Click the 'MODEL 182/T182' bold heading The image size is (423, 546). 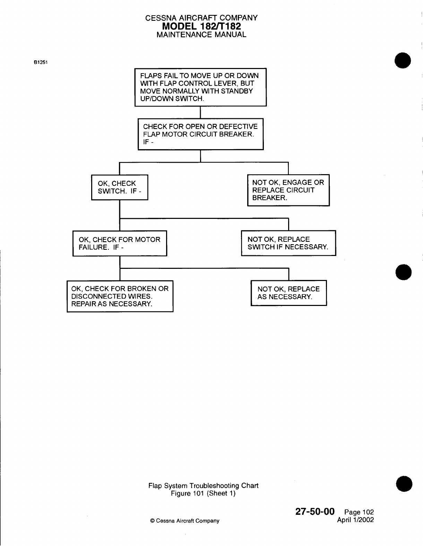coord(201,26)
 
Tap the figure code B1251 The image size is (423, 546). coord(41,63)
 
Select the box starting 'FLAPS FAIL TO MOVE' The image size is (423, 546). coord(200,87)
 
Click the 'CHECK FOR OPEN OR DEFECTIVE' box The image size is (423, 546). coord(200,134)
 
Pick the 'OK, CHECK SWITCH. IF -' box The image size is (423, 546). coord(120,187)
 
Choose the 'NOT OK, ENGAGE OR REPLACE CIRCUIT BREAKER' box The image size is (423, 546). coord(288,190)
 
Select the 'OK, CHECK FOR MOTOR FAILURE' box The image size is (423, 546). coord(120,243)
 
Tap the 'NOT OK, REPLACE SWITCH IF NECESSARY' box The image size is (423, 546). coord(288,243)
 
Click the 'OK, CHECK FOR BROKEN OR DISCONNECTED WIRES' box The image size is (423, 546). coord(120,296)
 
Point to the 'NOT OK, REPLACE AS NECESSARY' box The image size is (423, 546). coord(288,293)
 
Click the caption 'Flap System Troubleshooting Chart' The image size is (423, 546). coord(203,486)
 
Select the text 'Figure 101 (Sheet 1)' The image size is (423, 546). coord(203,493)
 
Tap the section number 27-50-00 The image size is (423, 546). coord(315,512)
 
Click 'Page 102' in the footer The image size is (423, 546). coord(359,512)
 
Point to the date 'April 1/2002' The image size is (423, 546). coord(355,520)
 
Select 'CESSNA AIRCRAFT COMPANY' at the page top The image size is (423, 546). coord(201,18)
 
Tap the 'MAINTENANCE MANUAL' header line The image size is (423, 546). coord(201,35)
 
